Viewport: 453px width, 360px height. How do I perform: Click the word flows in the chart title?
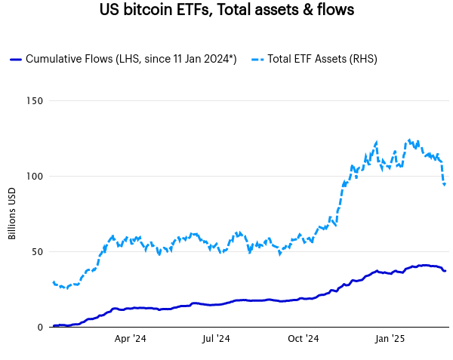333,11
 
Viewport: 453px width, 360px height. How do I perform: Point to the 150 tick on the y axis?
33,101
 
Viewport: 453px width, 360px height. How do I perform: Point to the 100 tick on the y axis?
33,177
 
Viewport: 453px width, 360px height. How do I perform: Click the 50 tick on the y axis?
36,252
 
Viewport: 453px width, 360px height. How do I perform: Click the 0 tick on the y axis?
39,328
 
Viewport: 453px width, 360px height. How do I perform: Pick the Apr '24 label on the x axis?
130,340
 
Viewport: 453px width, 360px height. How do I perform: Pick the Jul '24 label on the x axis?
217,340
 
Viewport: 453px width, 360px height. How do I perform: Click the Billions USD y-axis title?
12,214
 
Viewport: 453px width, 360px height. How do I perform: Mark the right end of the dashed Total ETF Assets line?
445,183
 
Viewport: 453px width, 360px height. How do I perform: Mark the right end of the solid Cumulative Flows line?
445,271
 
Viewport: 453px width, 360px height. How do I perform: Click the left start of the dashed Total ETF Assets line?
53,282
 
